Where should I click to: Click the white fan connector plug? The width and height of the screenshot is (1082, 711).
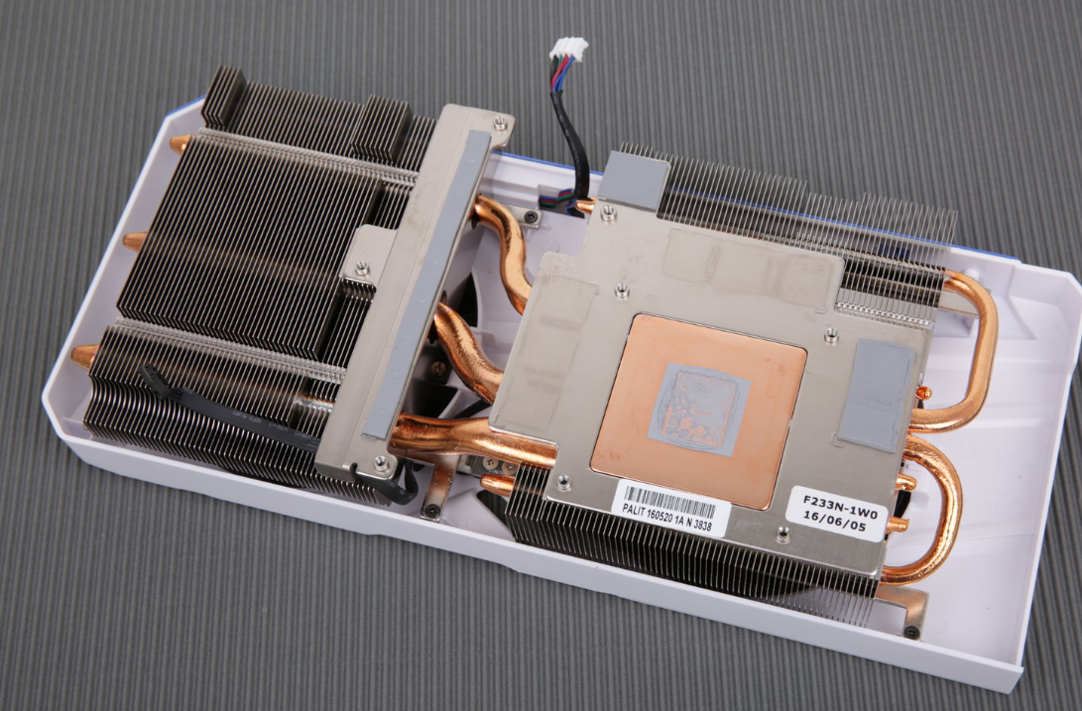(568, 49)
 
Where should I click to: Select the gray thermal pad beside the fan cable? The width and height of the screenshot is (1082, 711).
(633, 180)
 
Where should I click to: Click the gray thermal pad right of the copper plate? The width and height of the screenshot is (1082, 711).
(878, 395)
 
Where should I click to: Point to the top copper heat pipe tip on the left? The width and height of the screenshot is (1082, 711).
(180, 144)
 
